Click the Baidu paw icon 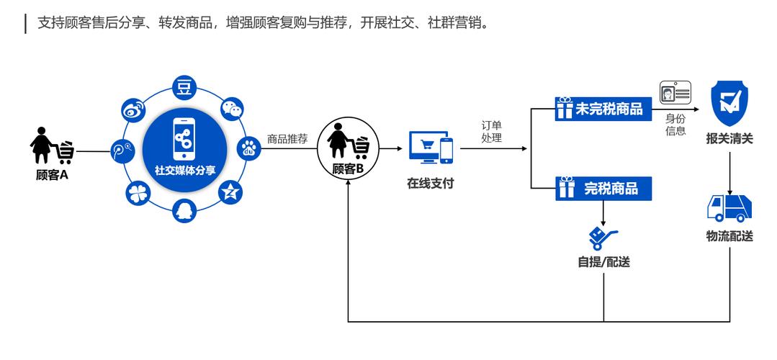[249, 150]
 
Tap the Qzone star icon [232, 192]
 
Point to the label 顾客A [52, 175]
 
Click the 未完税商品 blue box [598, 109]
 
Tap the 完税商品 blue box [606, 189]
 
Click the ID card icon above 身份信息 [675, 94]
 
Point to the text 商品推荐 [287, 139]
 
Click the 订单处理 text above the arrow [492, 131]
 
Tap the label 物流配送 [729, 236]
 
